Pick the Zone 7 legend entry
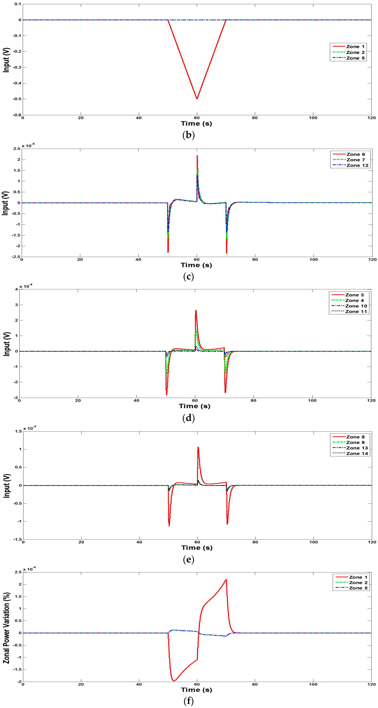[349, 160]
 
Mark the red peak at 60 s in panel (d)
[196, 311]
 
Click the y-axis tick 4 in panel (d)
[16, 289]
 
